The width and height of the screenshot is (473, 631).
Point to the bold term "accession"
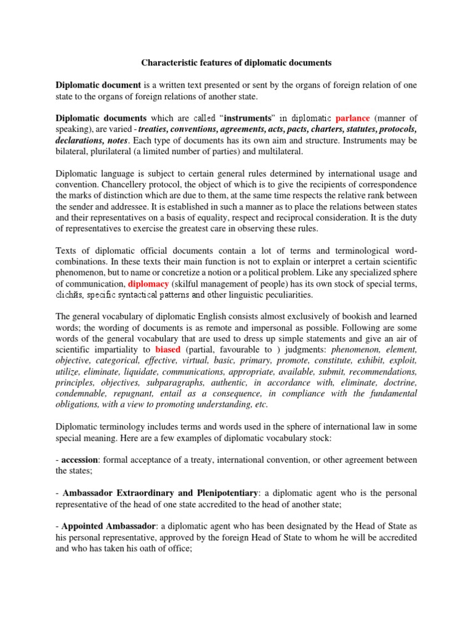point(82,460)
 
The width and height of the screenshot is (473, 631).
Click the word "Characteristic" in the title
point(172,62)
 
